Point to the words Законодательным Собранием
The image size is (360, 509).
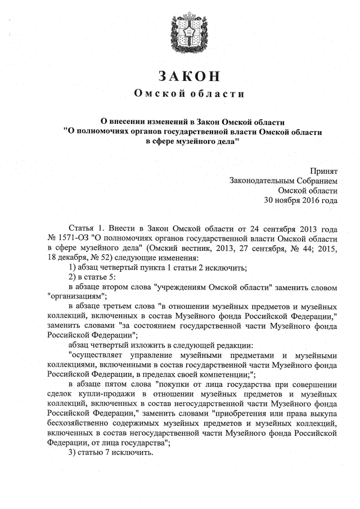coord(283,180)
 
